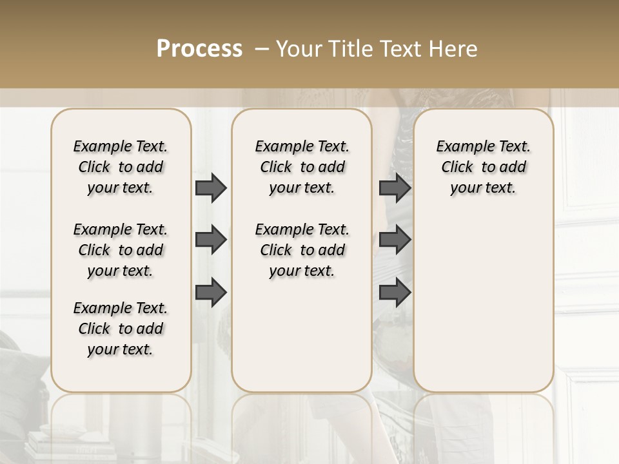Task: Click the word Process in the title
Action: [x=199, y=49]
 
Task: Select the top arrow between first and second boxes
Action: [x=211, y=188]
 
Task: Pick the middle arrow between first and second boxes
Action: [x=211, y=240]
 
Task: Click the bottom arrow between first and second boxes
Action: [x=211, y=293]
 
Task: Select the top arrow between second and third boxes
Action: [x=395, y=188]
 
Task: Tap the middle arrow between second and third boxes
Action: [x=395, y=240]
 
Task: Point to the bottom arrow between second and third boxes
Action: [x=395, y=293]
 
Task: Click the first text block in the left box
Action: [x=121, y=167]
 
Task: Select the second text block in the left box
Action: [x=121, y=250]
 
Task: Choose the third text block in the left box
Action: [x=121, y=329]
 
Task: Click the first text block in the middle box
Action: [x=302, y=167]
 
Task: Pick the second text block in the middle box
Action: [x=302, y=250]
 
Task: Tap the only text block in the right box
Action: [x=483, y=167]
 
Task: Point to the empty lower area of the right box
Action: [x=483, y=303]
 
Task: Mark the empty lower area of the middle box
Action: [x=302, y=335]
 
